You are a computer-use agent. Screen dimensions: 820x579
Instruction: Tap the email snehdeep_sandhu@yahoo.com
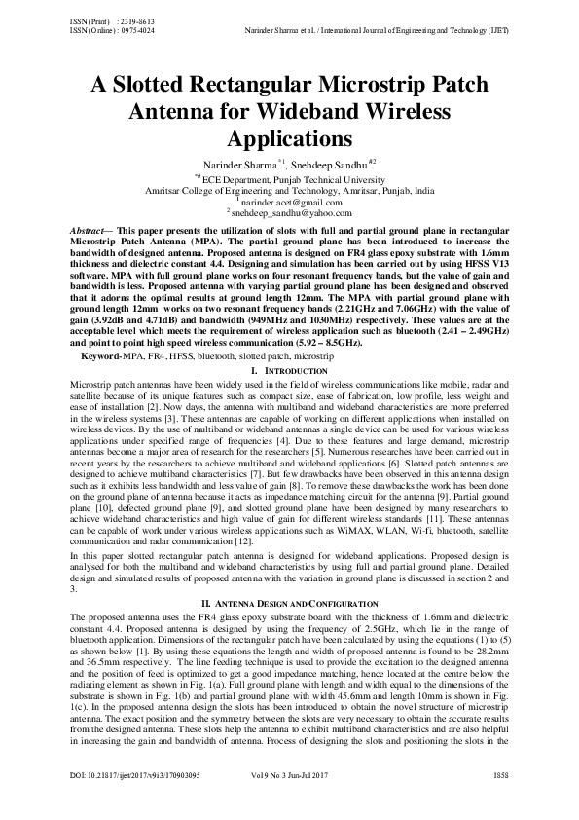pyautogui.click(x=291, y=212)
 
